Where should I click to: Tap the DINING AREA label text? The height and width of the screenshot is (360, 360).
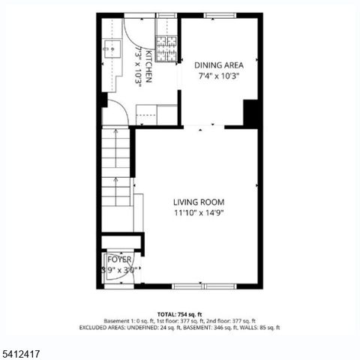219,64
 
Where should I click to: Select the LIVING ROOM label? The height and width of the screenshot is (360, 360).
199,202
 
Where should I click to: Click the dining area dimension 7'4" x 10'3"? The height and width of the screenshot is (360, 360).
219,76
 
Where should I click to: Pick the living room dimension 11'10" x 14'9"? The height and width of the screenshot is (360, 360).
199,212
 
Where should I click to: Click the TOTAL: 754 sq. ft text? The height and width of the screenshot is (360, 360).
179,314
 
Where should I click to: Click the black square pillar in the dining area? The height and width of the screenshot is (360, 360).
252,112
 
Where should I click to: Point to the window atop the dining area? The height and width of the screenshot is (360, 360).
219,16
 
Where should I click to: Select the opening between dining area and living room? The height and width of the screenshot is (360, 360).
203,127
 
